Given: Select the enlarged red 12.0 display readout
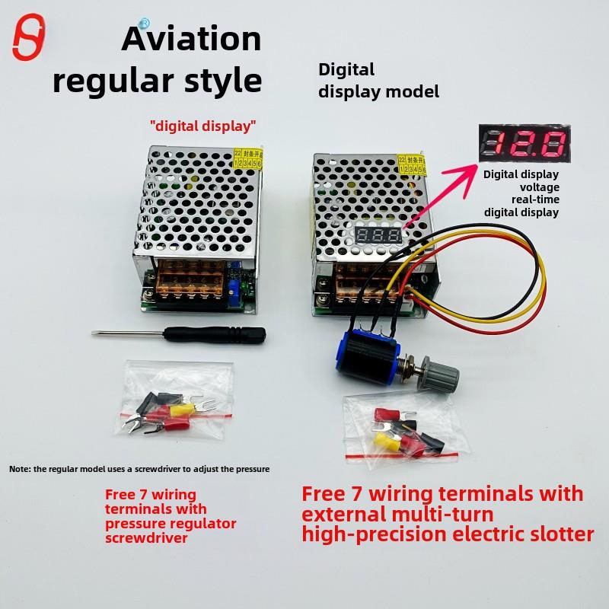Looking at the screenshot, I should click(x=524, y=145).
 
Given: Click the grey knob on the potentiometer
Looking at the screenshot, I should click(x=446, y=376).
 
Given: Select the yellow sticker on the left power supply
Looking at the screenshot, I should click(x=249, y=158).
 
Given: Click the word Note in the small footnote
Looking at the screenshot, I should click(x=20, y=469).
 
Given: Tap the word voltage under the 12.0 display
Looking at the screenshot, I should click(x=539, y=187).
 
